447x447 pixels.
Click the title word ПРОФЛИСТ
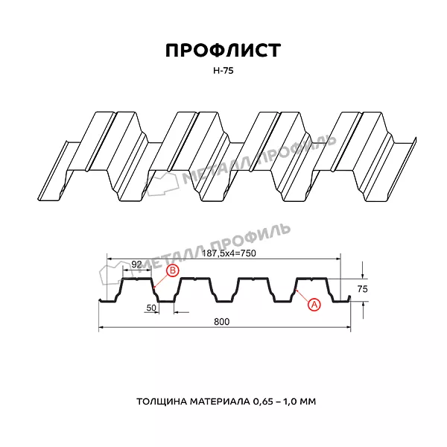pyautogui.click(x=223, y=51)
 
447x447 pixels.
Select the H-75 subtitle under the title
pyautogui.click(x=223, y=71)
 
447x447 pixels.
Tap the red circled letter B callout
pyautogui.click(x=173, y=270)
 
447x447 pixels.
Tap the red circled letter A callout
pyautogui.click(x=314, y=305)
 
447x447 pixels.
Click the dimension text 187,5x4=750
pyautogui.click(x=229, y=253)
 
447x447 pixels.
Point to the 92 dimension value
pyautogui.click(x=136, y=264)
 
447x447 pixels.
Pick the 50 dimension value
pyautogui.click(x=151, y=308)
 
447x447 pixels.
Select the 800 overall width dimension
pyautogui.click(x=221, y=322)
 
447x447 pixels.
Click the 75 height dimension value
pyautogui.click(x=362, y=289)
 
